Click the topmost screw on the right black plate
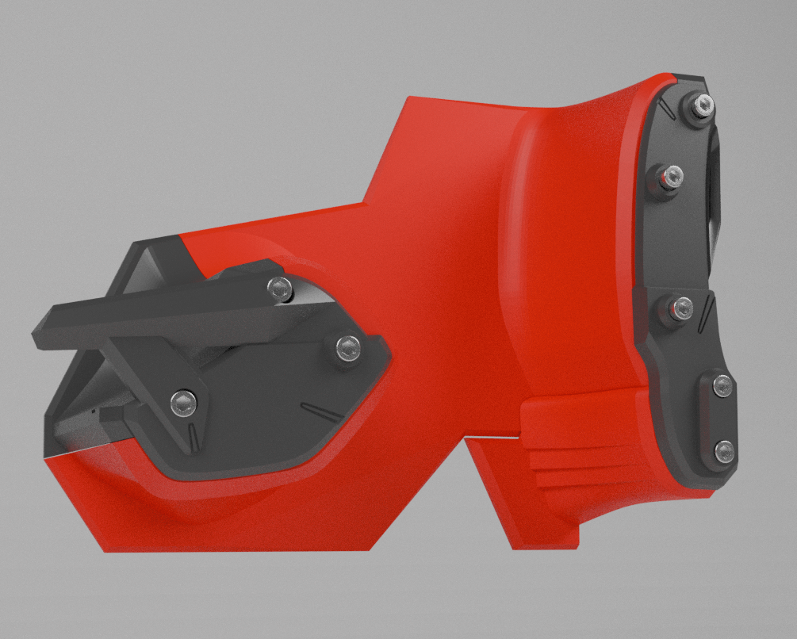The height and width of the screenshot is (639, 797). pos(701,105)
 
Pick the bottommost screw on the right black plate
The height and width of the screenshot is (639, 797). pos(724,451)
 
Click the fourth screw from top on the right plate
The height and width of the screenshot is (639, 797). pos(722,385)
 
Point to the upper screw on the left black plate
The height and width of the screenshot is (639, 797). pos(278,289)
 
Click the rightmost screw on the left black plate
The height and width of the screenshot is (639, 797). pos(347,346)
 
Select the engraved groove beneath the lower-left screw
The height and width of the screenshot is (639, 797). pos(191,436)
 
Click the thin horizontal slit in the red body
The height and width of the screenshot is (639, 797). pos(492,435)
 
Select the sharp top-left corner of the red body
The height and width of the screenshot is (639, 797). pos(407,98)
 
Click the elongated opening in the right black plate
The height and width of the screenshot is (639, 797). pos(715,190)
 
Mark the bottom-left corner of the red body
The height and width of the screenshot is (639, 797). pos(102,549)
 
